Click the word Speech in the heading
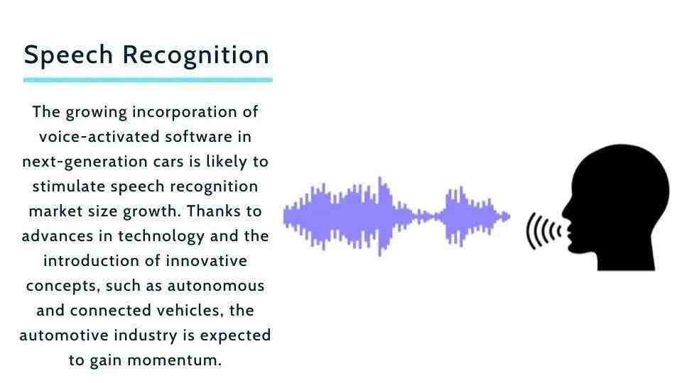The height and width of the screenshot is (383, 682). [x=68, y=55]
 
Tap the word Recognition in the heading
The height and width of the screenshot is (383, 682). [x=196, y=55]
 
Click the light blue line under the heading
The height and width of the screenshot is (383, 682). [x=148, y=80]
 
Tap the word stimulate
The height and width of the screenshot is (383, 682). [x=68, y=187]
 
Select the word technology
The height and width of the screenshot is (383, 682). [x=161, y=237]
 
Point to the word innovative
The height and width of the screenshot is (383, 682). [x=206, y=261]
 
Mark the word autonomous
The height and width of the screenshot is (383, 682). [x=216, y=286]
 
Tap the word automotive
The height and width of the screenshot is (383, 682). [x=63, y=335]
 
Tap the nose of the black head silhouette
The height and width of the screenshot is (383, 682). [x=564, y=213]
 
